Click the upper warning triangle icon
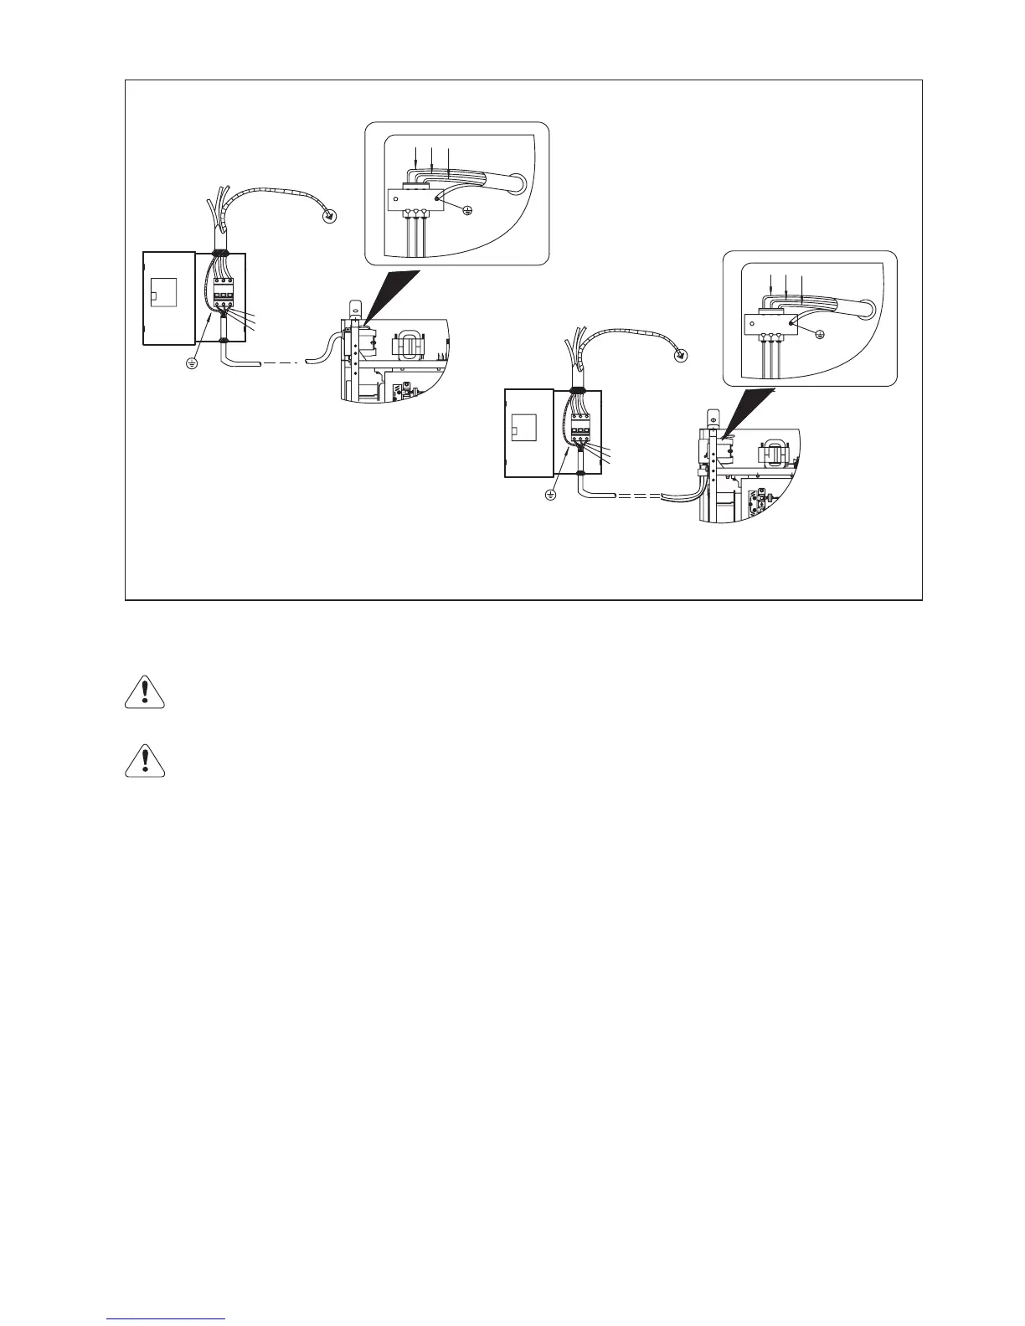[x=145, y=691]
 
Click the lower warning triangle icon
[x=145, y=760]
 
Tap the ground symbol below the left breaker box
[x=192, y=364]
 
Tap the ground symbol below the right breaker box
[x=550, y=495]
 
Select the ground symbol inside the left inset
[x=466, y=210]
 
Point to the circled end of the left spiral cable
[x=332, y=217]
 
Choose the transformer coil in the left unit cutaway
[x=415, y=345]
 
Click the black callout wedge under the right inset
[x=749, y=409]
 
